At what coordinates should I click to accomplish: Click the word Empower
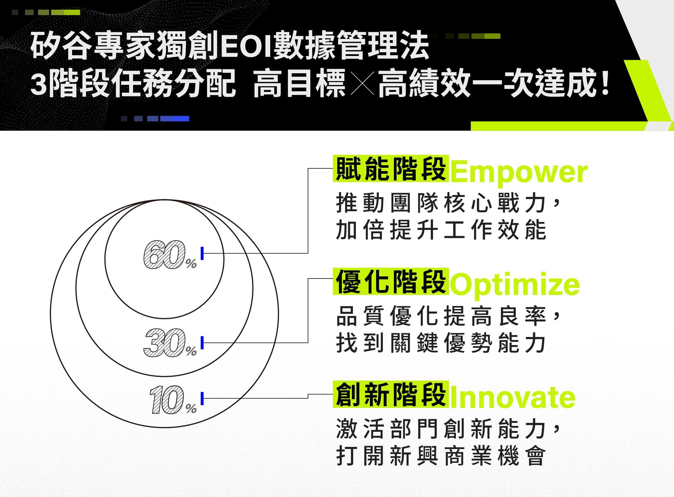point(519,172)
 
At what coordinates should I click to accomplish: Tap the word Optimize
point(515,284)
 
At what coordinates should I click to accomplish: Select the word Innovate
point(513,397)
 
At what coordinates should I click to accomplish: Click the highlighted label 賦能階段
point(391,169)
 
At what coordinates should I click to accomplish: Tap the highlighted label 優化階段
point(391,281)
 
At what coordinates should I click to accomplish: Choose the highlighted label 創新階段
point(391,394)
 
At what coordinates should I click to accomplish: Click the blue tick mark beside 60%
point(202,253)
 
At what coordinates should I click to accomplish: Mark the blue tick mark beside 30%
point(202,343)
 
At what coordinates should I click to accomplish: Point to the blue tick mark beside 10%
point(202,398)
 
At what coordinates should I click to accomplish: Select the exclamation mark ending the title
point(605,83)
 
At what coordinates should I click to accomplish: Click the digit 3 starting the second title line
point(39,84)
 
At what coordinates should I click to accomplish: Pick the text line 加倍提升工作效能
point(441,230)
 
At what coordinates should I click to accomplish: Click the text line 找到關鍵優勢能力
point(441,343)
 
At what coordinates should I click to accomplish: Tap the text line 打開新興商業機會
point(441,456)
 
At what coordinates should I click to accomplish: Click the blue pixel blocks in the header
point(155,119)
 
